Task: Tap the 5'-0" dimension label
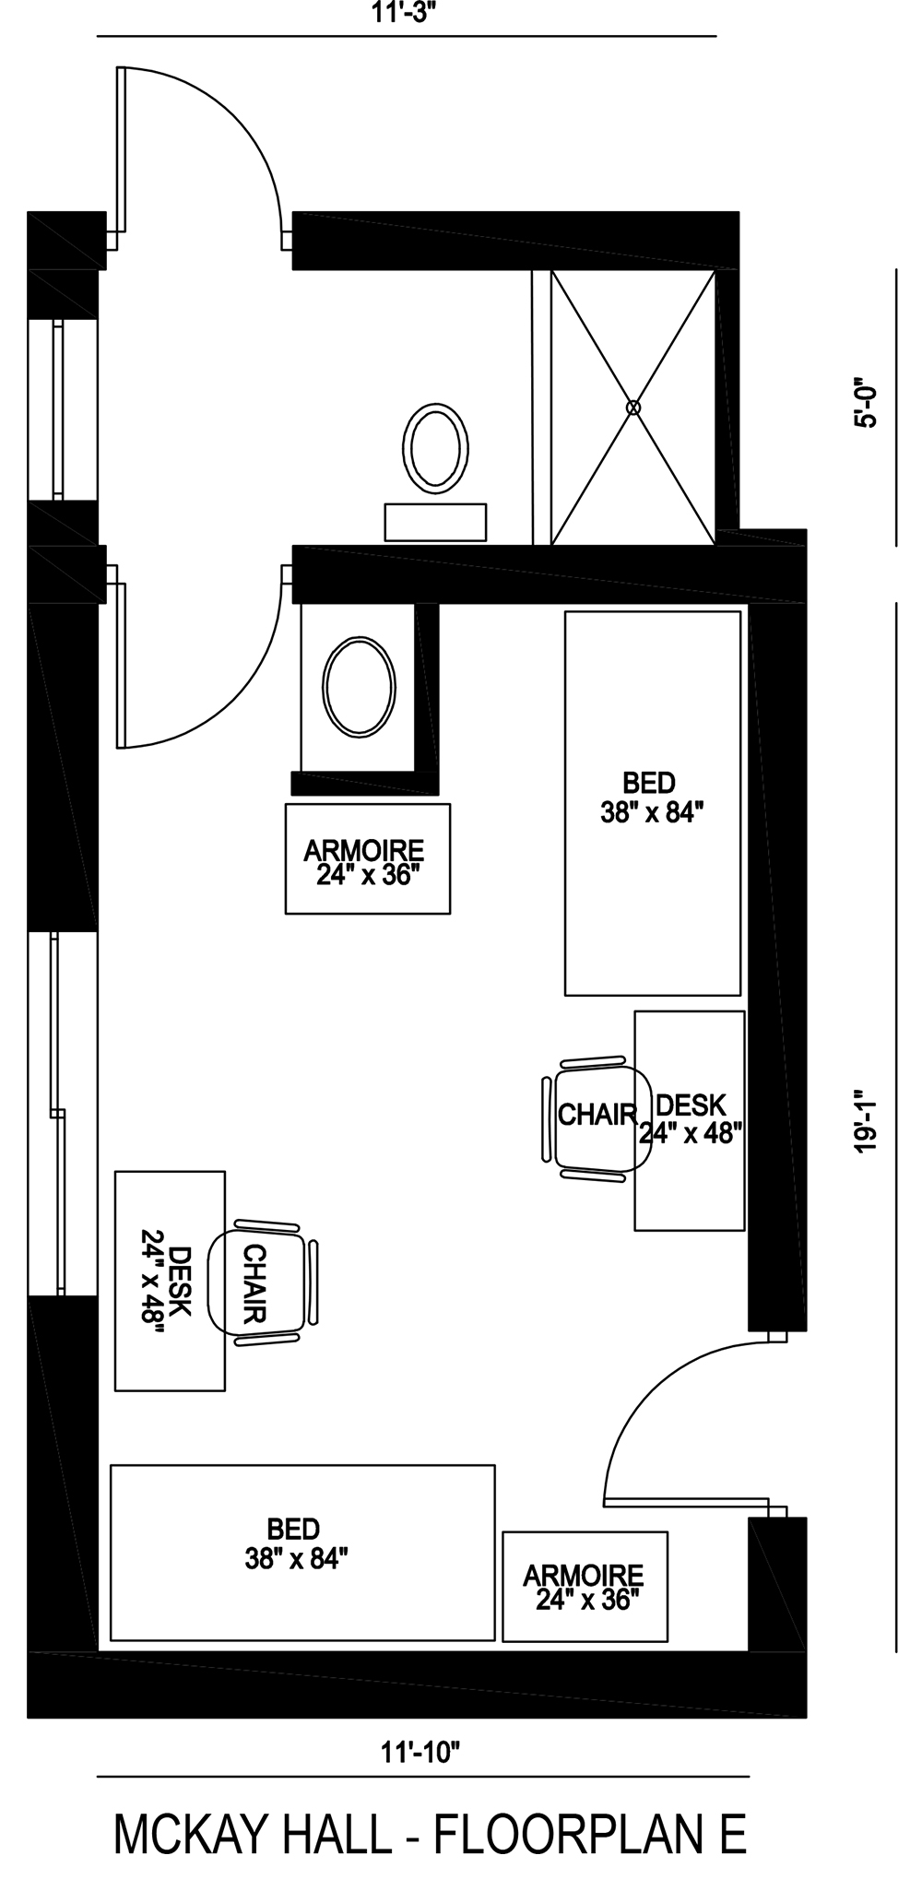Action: [x=865, y=402]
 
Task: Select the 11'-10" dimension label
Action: [x=420, y=1753]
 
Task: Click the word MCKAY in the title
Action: [x=179, y=1834]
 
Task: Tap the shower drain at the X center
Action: [x=632, y=407]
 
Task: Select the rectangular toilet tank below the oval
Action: [x=435, y=522]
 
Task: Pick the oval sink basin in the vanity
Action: [x=359, y=687]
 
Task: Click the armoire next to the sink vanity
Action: [x=367, y=859]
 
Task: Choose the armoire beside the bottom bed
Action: [x=585, y=1587]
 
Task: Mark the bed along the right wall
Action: [x=652, y=802]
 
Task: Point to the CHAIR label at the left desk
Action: [x=254, y=1282]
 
